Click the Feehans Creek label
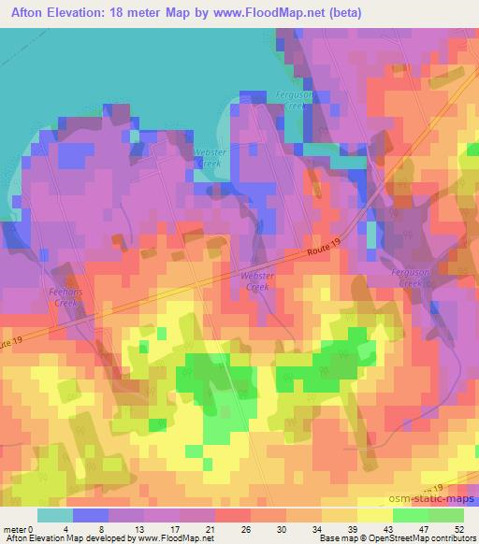(63, 297)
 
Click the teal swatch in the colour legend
(55, 515)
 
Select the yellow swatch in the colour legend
(374, 515)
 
